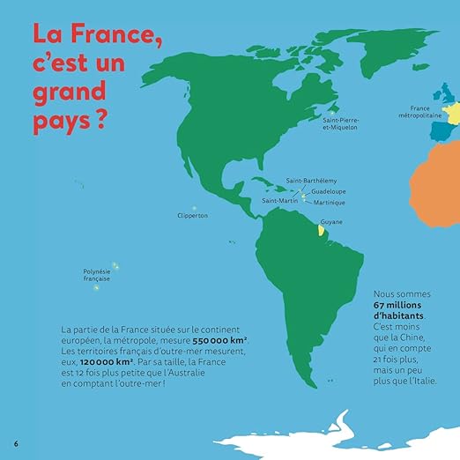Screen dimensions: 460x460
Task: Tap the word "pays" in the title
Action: coord(58,119)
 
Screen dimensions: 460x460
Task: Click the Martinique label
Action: coord(330,202)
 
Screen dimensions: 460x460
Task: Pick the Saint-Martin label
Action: coord(278,201)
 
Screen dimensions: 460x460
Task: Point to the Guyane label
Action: coord(331,222)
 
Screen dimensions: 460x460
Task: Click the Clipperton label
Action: coord(192,215)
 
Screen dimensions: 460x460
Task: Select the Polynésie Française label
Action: coord(97,275)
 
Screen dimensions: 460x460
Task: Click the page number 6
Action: coord(15,440)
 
